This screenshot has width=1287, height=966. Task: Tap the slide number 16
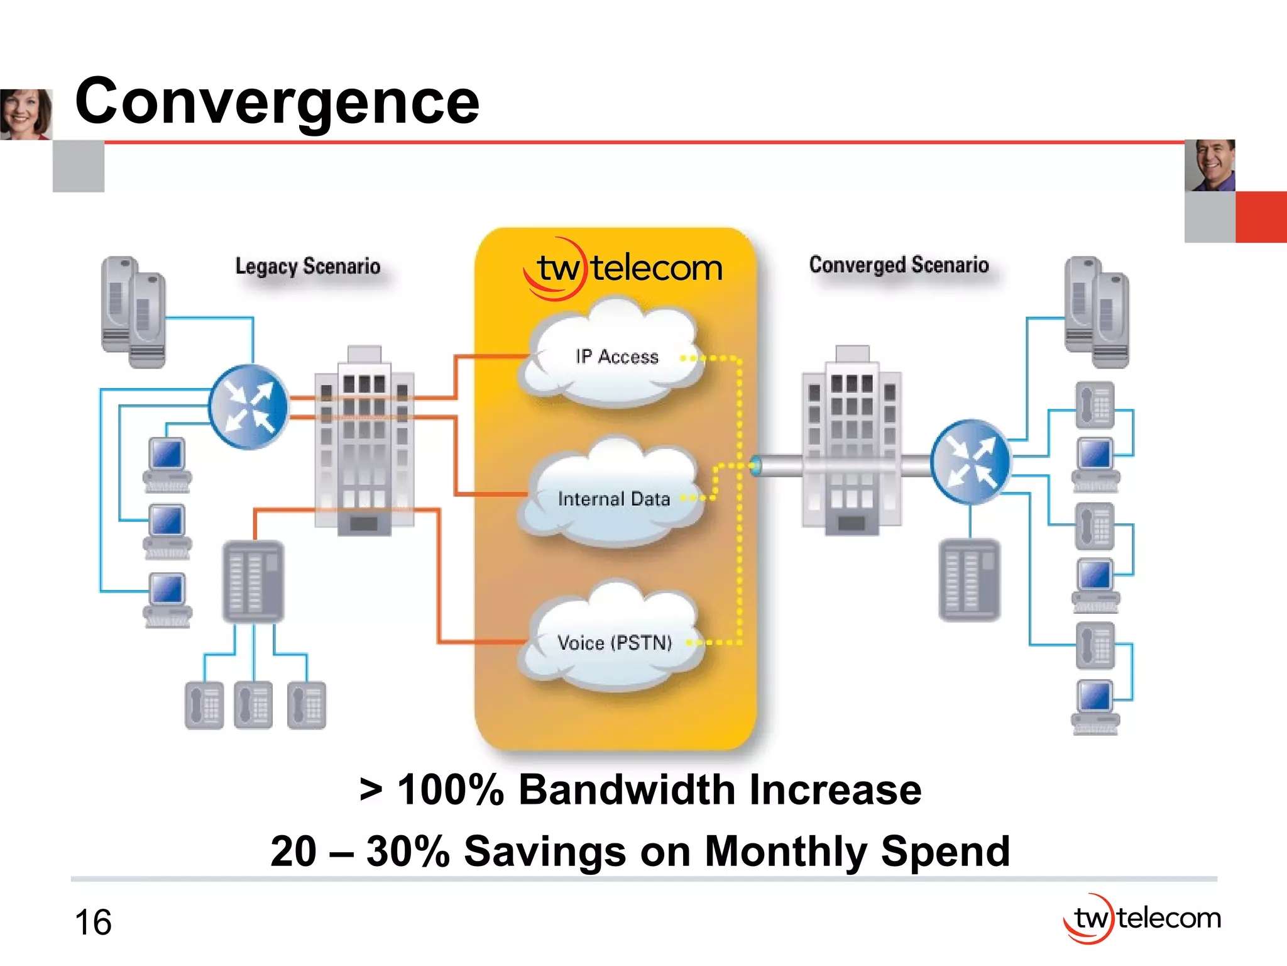pyautogui.click(x=93, y=923)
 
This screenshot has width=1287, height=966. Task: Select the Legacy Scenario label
pyautogui.click(x=307, y=266)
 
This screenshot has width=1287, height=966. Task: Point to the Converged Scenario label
pyautogui.click(x=899, y=265)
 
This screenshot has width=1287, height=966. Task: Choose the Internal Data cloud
pyautogui.click(x=613, y=498)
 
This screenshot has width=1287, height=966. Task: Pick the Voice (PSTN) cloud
pyautogui.click(x=613, y=642)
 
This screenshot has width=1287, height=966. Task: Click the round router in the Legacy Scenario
pyautogui.click(x=249, y=407)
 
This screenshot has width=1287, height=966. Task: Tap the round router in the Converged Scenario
pyautogui.click(x=970, y=462)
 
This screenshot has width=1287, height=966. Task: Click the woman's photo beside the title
pyautogui.click(x=26, y=114)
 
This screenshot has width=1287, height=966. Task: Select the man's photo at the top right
pyautogui.click(x=1210, y=165)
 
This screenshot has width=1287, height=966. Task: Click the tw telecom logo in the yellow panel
pyautogui.click(x=622, y=269)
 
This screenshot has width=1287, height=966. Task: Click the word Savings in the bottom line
pyautogui.click(x=545, y=851)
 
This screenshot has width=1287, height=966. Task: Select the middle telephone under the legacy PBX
pyautogui.click(x=253, y=705)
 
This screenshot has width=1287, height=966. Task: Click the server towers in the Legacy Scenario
pyautogui.click(x=133, y=312)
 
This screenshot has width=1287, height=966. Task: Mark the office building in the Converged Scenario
pyautogui.click(x=852, y=440)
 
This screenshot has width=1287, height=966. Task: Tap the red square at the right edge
pyautogui.click(x=1261, y=217)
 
